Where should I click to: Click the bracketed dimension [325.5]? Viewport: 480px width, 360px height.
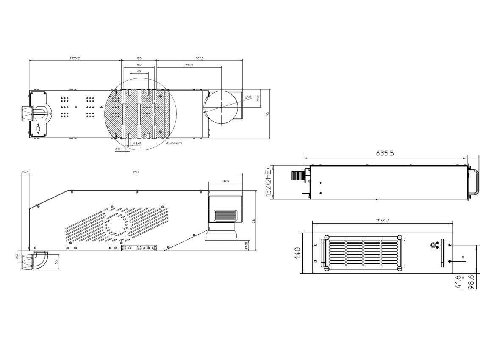(75, 58)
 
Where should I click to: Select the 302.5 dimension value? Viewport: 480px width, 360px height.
(200, 58)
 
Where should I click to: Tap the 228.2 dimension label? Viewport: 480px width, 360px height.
(189, 65)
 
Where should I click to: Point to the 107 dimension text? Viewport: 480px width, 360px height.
(139, 65)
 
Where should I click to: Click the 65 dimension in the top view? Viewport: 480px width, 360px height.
(139, 72)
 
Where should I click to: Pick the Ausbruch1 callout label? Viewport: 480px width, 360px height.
(174, 143)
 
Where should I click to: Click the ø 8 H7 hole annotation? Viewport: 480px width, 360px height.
(137, 144)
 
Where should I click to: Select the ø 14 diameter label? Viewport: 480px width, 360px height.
(118, 149)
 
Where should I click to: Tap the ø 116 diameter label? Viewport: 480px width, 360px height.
(248, 98)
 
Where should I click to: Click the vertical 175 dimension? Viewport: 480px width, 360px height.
(267, 114)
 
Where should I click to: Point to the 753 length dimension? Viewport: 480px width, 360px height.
(136, 172)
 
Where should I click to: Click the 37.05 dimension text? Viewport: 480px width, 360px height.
(246, 246)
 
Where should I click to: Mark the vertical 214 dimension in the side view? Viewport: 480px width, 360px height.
(253, 221)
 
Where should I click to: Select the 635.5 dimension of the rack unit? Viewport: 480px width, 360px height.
(385, 153)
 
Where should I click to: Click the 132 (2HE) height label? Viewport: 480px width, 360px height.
(267, 183)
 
